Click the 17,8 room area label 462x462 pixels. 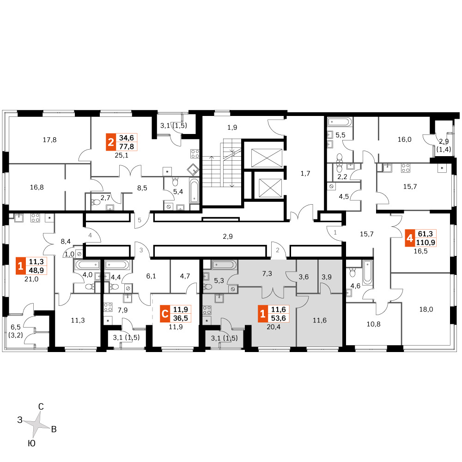pyautogui.click(x=49, y=140)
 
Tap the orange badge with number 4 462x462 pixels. pyautogui.click(x=410, y=238)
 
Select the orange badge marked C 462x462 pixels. pyautogui.click(x=165, y=314)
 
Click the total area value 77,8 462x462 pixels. pyautogui.click(x=127, y=146)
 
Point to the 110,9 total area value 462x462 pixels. pyautogui.click(x=426, y=243)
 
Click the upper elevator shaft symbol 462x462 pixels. pyautogui.click(x=267, y=158)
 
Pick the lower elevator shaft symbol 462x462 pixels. pyautogui.click(x=270, y=188)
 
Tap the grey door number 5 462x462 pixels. pyautogui.click(x=140, y=220)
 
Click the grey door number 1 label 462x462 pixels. pyautogui.click(x=335, y=232)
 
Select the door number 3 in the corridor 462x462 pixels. pyautogui.click(x=141, y=250)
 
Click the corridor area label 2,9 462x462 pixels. pyautogui.click(x=228, y=236)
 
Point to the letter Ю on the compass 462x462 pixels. pyautogui.click(x=31, y=444)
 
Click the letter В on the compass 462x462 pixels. pyautogui.click(x=54, y=429)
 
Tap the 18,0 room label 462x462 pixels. pyautogui.click(x=426, y=310)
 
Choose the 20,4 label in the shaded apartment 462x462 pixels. pyautogui.click(x=274, y=327)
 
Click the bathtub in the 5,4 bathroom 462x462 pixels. pyautogui.click(x=195, y=191)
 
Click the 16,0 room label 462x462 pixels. pyautogui.click(x=404, y=140)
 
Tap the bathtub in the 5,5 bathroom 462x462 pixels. pyautogui.click(x=340, y=122)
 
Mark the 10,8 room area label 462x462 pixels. pyautogui.click(x=373, y=324)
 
